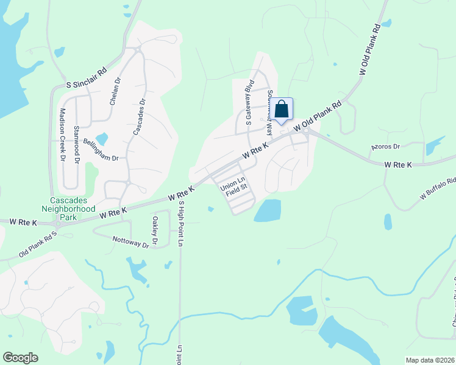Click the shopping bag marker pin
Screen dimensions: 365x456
[x=282, y=109]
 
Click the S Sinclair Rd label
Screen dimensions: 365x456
[x=86, y=78]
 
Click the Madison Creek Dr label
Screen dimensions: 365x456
[x=62, y=134]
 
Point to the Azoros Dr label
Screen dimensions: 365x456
[x=385, y=147]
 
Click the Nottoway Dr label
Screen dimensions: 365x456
[x=130, y=242]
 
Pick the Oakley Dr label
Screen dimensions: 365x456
[x=155, y=231]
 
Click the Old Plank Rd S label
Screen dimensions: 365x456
[x=37, y=243]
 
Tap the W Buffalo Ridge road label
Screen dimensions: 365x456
[x=437, y=189]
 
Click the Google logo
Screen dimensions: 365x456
[x=20, y=358]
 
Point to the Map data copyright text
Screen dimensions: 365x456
[x=429, y=360]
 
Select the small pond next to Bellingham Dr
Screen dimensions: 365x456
[x=102, y=139]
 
